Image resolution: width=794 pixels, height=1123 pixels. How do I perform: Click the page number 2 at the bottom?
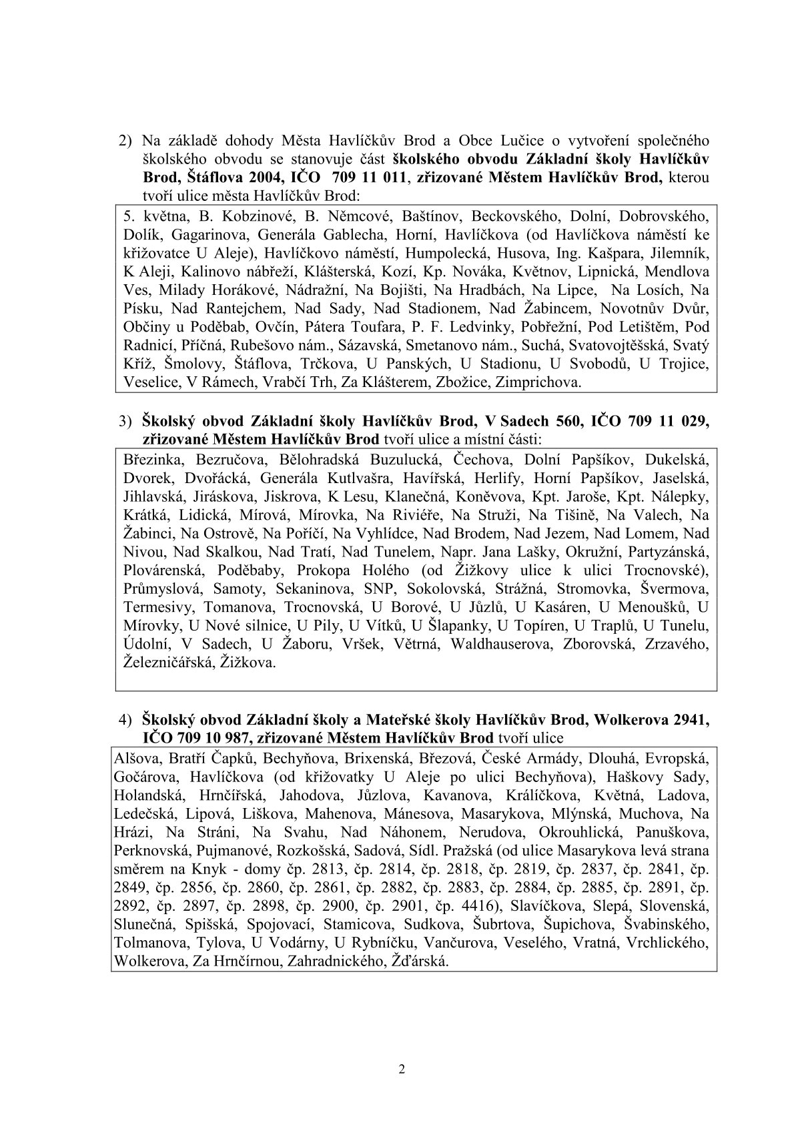(x=401, y=1069)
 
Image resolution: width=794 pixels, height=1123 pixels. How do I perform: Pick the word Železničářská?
(x=163, y=663)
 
